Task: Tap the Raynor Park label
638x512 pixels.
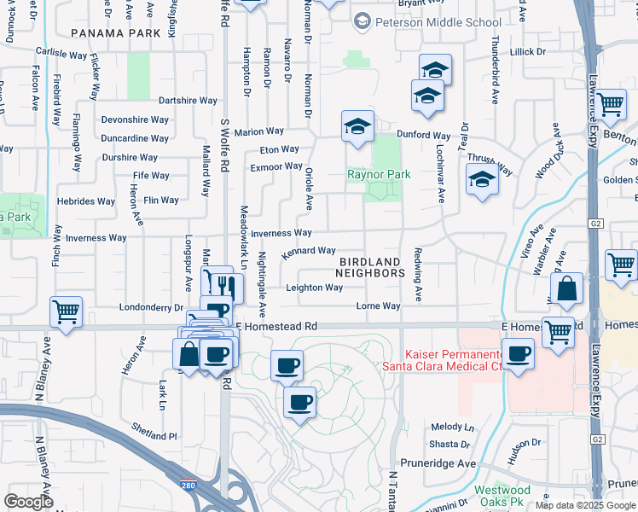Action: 378,174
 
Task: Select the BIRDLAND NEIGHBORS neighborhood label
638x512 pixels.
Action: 369,267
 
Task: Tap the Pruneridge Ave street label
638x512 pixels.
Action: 440,463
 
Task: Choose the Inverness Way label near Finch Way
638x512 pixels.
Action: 96,238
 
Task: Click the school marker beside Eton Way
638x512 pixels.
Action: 358,127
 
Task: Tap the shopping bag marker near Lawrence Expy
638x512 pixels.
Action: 567,290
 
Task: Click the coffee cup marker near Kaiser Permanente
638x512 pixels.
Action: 518,353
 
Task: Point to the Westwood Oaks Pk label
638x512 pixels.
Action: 502,496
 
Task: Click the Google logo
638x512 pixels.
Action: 28,502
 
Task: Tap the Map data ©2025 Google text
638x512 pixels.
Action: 584,505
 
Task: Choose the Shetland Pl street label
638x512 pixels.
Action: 154,435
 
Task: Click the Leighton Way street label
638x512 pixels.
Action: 314,288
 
